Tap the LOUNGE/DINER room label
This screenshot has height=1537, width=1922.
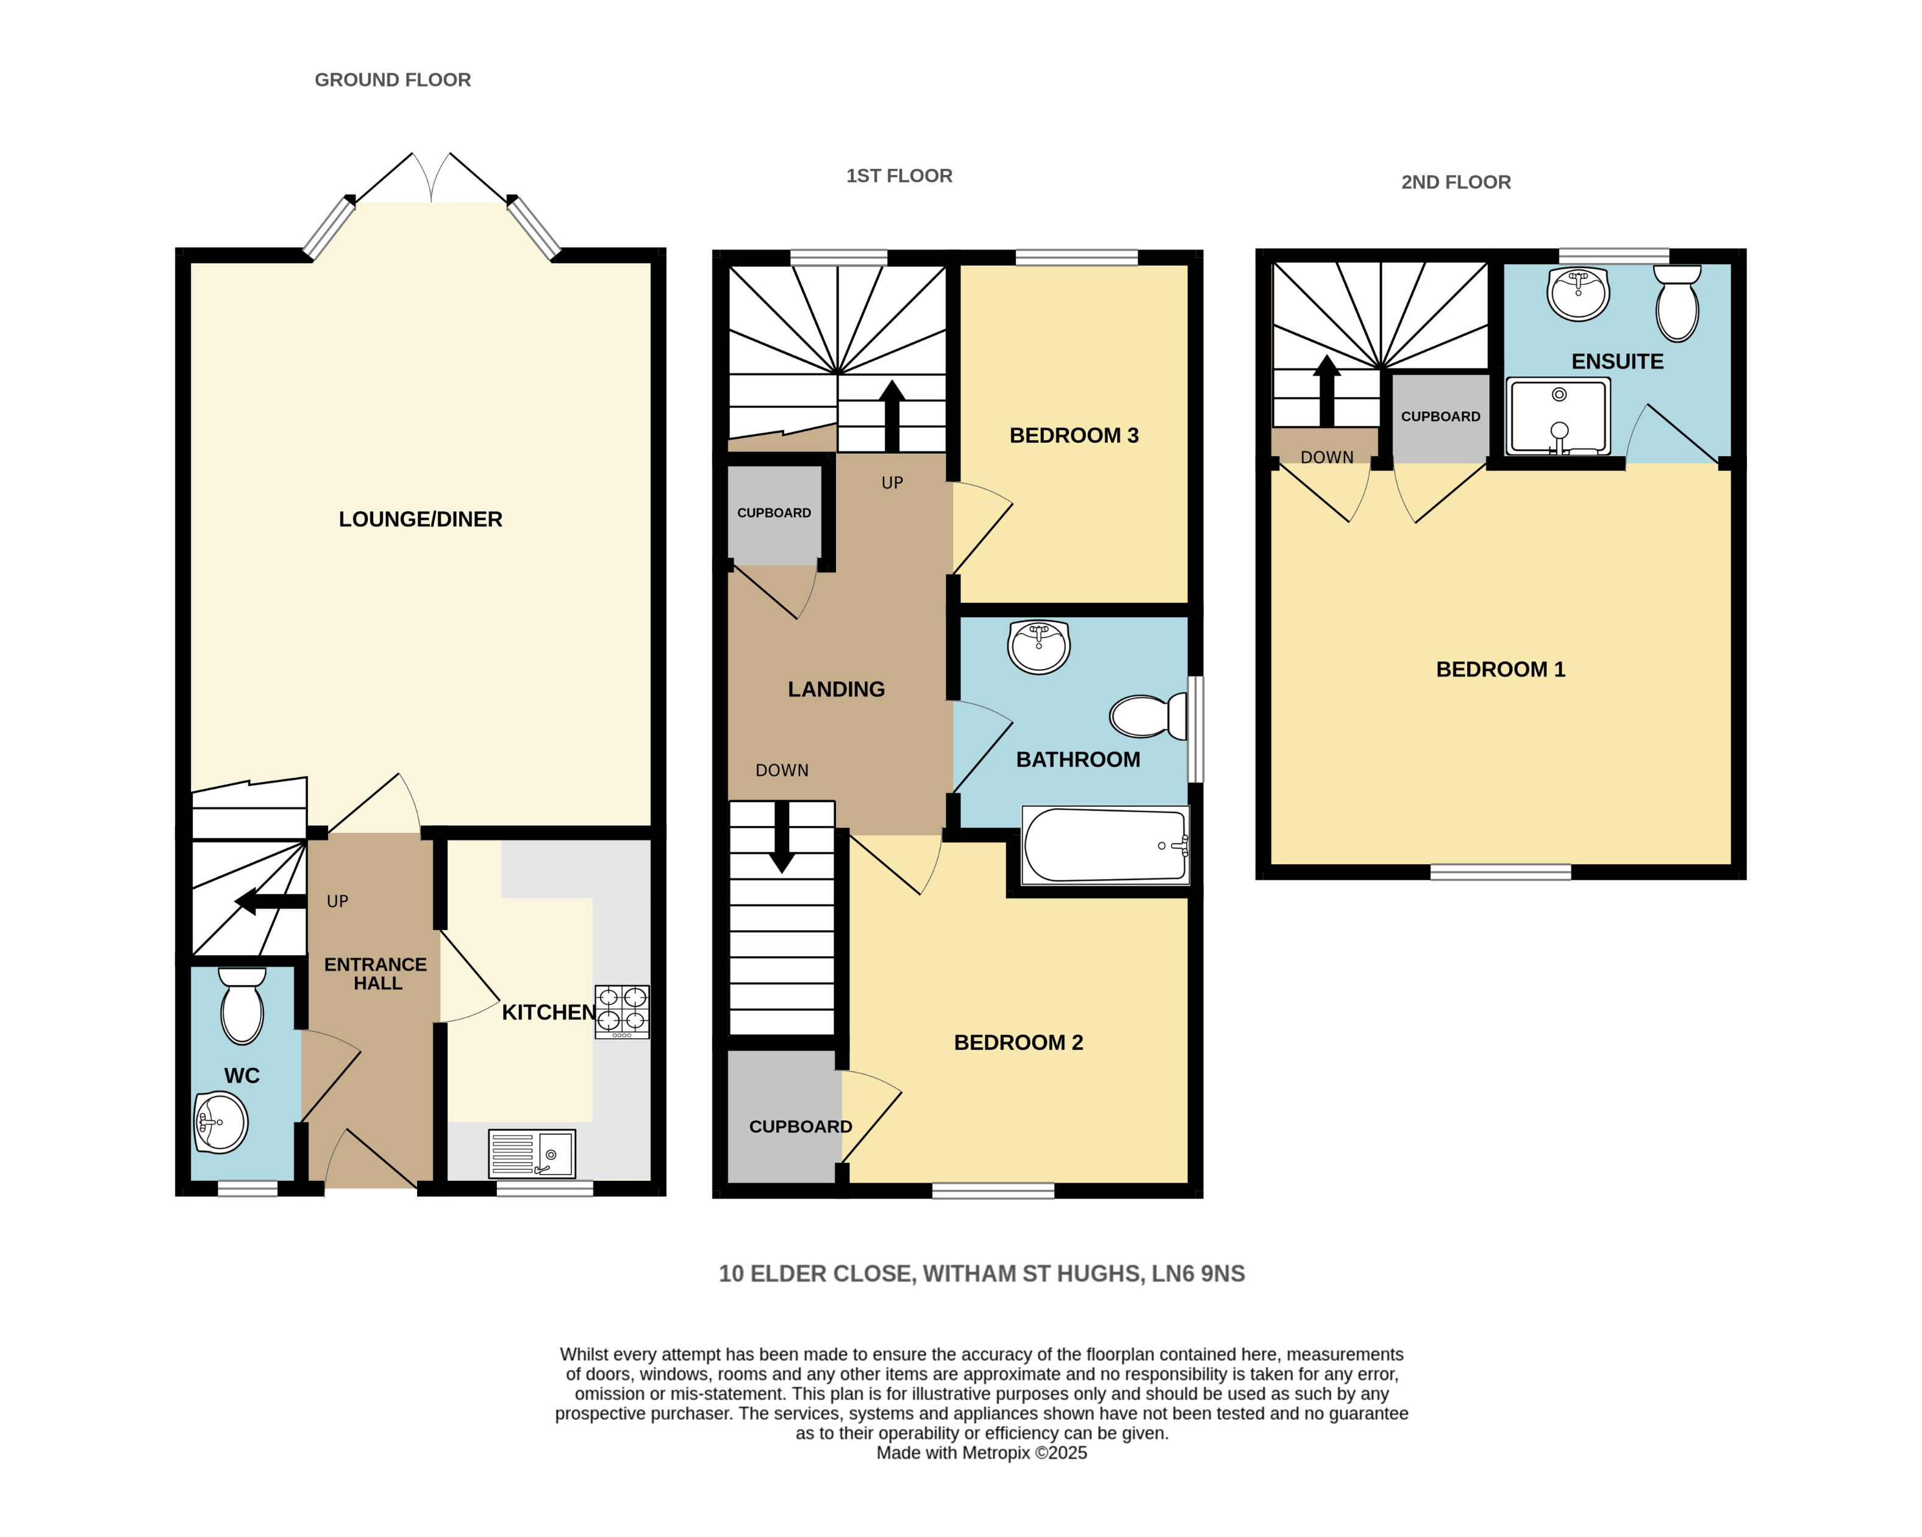click(420, 519)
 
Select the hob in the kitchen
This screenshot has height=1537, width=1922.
click(622, 1011)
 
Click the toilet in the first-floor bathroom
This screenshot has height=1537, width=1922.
click(1148, 716)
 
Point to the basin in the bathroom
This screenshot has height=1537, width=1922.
click(1038, 647)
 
